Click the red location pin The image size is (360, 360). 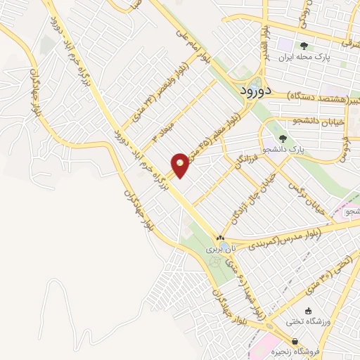click(x=180, y=165)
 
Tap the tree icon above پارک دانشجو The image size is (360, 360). click(x=283, y=139)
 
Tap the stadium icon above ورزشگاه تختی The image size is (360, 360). click(x=307, y=311)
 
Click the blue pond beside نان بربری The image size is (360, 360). click(x=214, y=262)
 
